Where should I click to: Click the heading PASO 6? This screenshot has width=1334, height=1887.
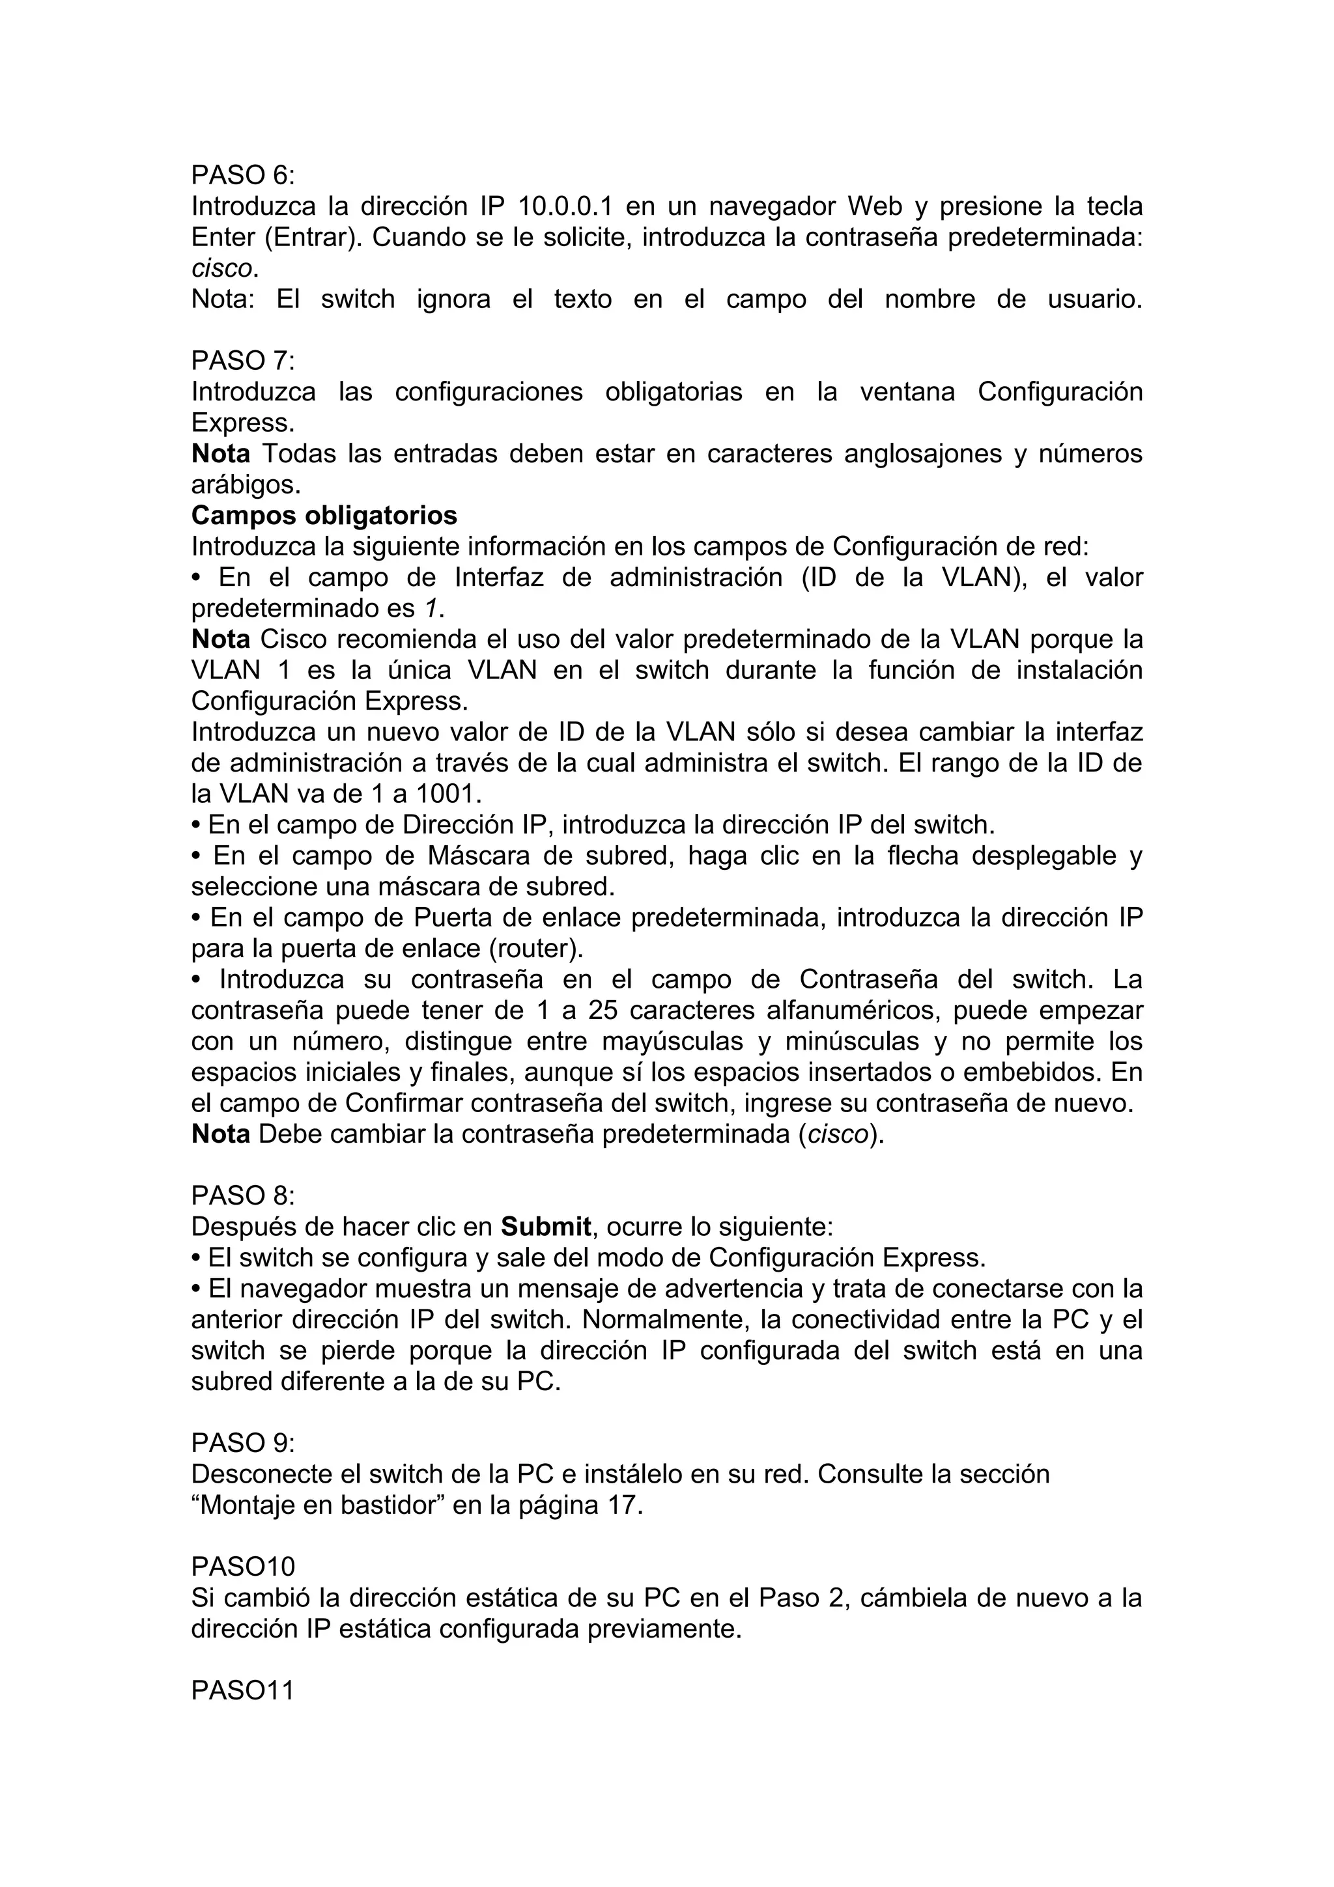coord(242,175)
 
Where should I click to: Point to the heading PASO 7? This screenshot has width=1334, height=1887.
coord(242,361)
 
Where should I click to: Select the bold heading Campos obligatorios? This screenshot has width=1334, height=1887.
coord(324,515)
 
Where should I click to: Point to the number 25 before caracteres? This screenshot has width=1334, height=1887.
coord(603,1010)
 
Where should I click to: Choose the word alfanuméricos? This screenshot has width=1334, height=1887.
coord(853,1010)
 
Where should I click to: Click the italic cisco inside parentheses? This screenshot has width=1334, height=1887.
coord(838,1134)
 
